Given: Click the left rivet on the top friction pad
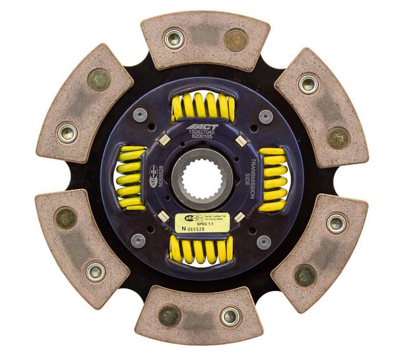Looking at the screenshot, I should pyautogui.click(x=174, y=38).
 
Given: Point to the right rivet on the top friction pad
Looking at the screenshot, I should pyautogui.click(x=234, y=40).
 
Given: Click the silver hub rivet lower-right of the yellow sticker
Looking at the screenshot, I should pyautogui.click(x=264, y=241).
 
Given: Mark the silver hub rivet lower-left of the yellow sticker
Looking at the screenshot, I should pyautogui.click(x=140, y=240).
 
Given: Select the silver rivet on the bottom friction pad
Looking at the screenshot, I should pyautogui.click(x=230, y=315).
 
